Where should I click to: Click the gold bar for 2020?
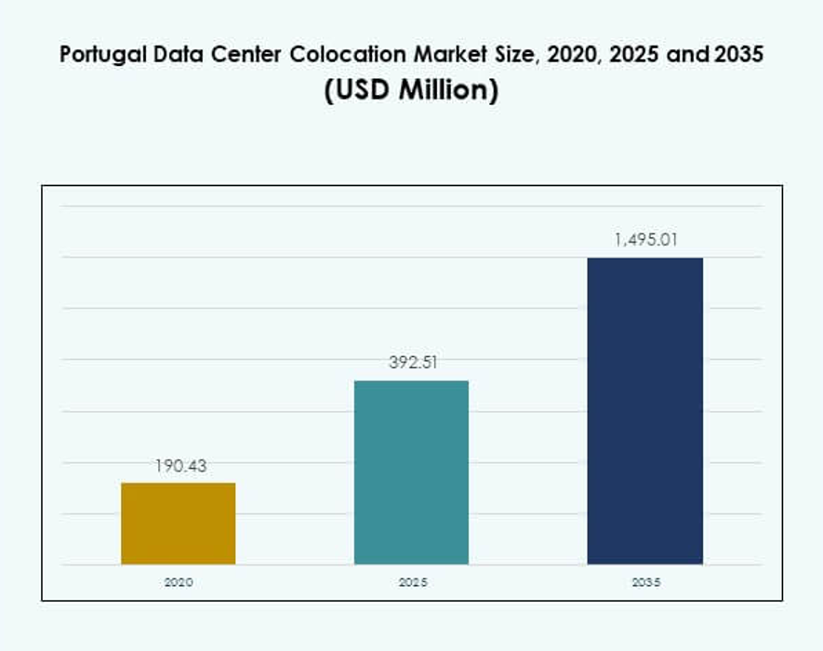point(179,523)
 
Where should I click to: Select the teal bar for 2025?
point(411,472)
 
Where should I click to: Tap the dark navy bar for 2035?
point(644,410)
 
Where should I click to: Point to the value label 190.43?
point(179,466)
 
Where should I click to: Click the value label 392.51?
point(412,363)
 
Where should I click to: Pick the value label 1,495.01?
point(644,239)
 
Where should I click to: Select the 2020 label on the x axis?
point(179,583)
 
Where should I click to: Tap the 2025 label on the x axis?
point(412,583)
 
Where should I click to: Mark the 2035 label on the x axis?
point(644,583)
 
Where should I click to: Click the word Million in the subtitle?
point(447,91)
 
